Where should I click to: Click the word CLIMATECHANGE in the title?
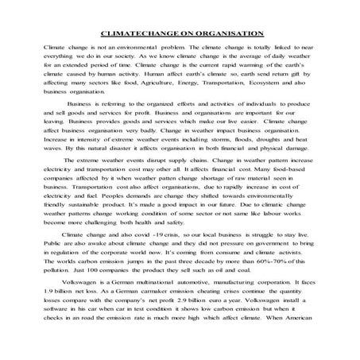(x=141, y=33)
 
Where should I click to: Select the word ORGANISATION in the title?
(x=226, y=33)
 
